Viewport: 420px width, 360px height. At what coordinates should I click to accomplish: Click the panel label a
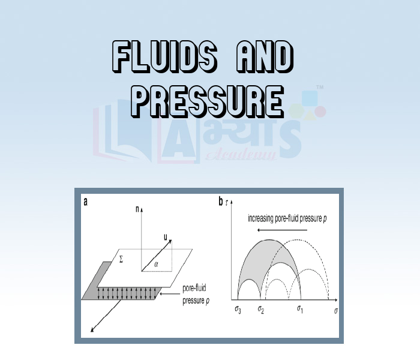coord(86,202)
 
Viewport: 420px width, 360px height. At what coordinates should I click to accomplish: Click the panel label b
coord(221,202)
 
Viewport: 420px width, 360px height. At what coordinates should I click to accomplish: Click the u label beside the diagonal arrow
coord(165,237)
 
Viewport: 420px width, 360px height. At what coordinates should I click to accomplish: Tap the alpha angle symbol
coord(156,262)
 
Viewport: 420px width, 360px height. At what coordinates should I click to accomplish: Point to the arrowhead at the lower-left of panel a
coord(91,330)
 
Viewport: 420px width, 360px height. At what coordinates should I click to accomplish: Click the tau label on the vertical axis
coord(226,203)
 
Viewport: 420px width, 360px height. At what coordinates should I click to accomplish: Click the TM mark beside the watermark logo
coord(320,88)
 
